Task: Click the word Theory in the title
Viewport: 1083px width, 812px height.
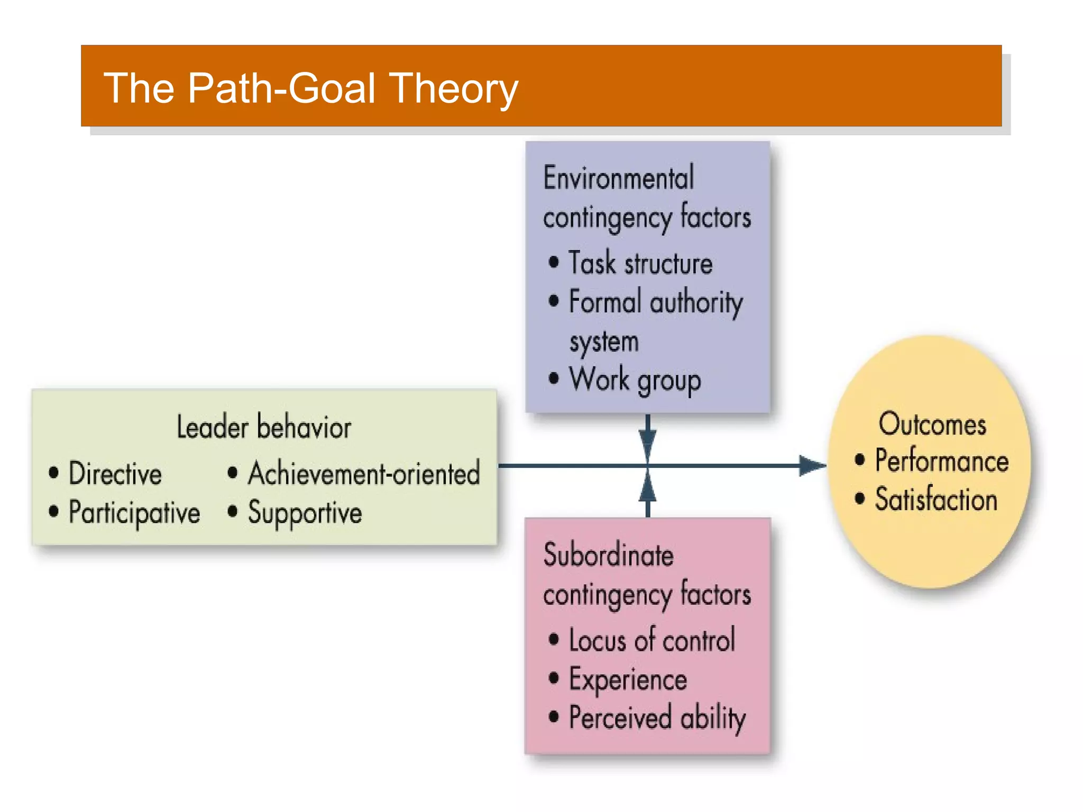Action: coord(454,88)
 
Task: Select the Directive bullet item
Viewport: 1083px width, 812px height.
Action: coord(115,474)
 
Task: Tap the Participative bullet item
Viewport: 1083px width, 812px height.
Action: coord(134,512)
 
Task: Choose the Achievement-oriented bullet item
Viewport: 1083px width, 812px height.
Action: coord(364,473)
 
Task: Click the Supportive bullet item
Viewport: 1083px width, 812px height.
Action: coord(305,512)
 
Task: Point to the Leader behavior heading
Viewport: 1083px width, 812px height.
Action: coord(263,427)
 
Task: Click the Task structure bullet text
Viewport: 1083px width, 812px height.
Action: coord(640,263)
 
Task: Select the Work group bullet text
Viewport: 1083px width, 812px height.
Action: coord(635,380)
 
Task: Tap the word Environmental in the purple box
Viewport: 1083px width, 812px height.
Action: coord(618,178)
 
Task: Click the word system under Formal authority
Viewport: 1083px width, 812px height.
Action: coord(604,342)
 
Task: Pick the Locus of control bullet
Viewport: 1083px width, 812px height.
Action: coord(651,640)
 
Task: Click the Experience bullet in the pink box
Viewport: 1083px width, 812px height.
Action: coord(628,679)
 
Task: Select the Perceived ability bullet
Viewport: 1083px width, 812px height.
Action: coord(657,718)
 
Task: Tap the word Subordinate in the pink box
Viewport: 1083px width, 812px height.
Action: coord(608,556)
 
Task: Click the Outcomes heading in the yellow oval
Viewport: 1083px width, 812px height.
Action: coord(932,425)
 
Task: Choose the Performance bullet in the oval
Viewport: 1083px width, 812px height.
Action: coord(941,460)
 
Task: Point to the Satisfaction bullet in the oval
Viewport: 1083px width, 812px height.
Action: coord(935,500)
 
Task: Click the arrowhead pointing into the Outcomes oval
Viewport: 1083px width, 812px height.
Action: coord(812,466)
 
